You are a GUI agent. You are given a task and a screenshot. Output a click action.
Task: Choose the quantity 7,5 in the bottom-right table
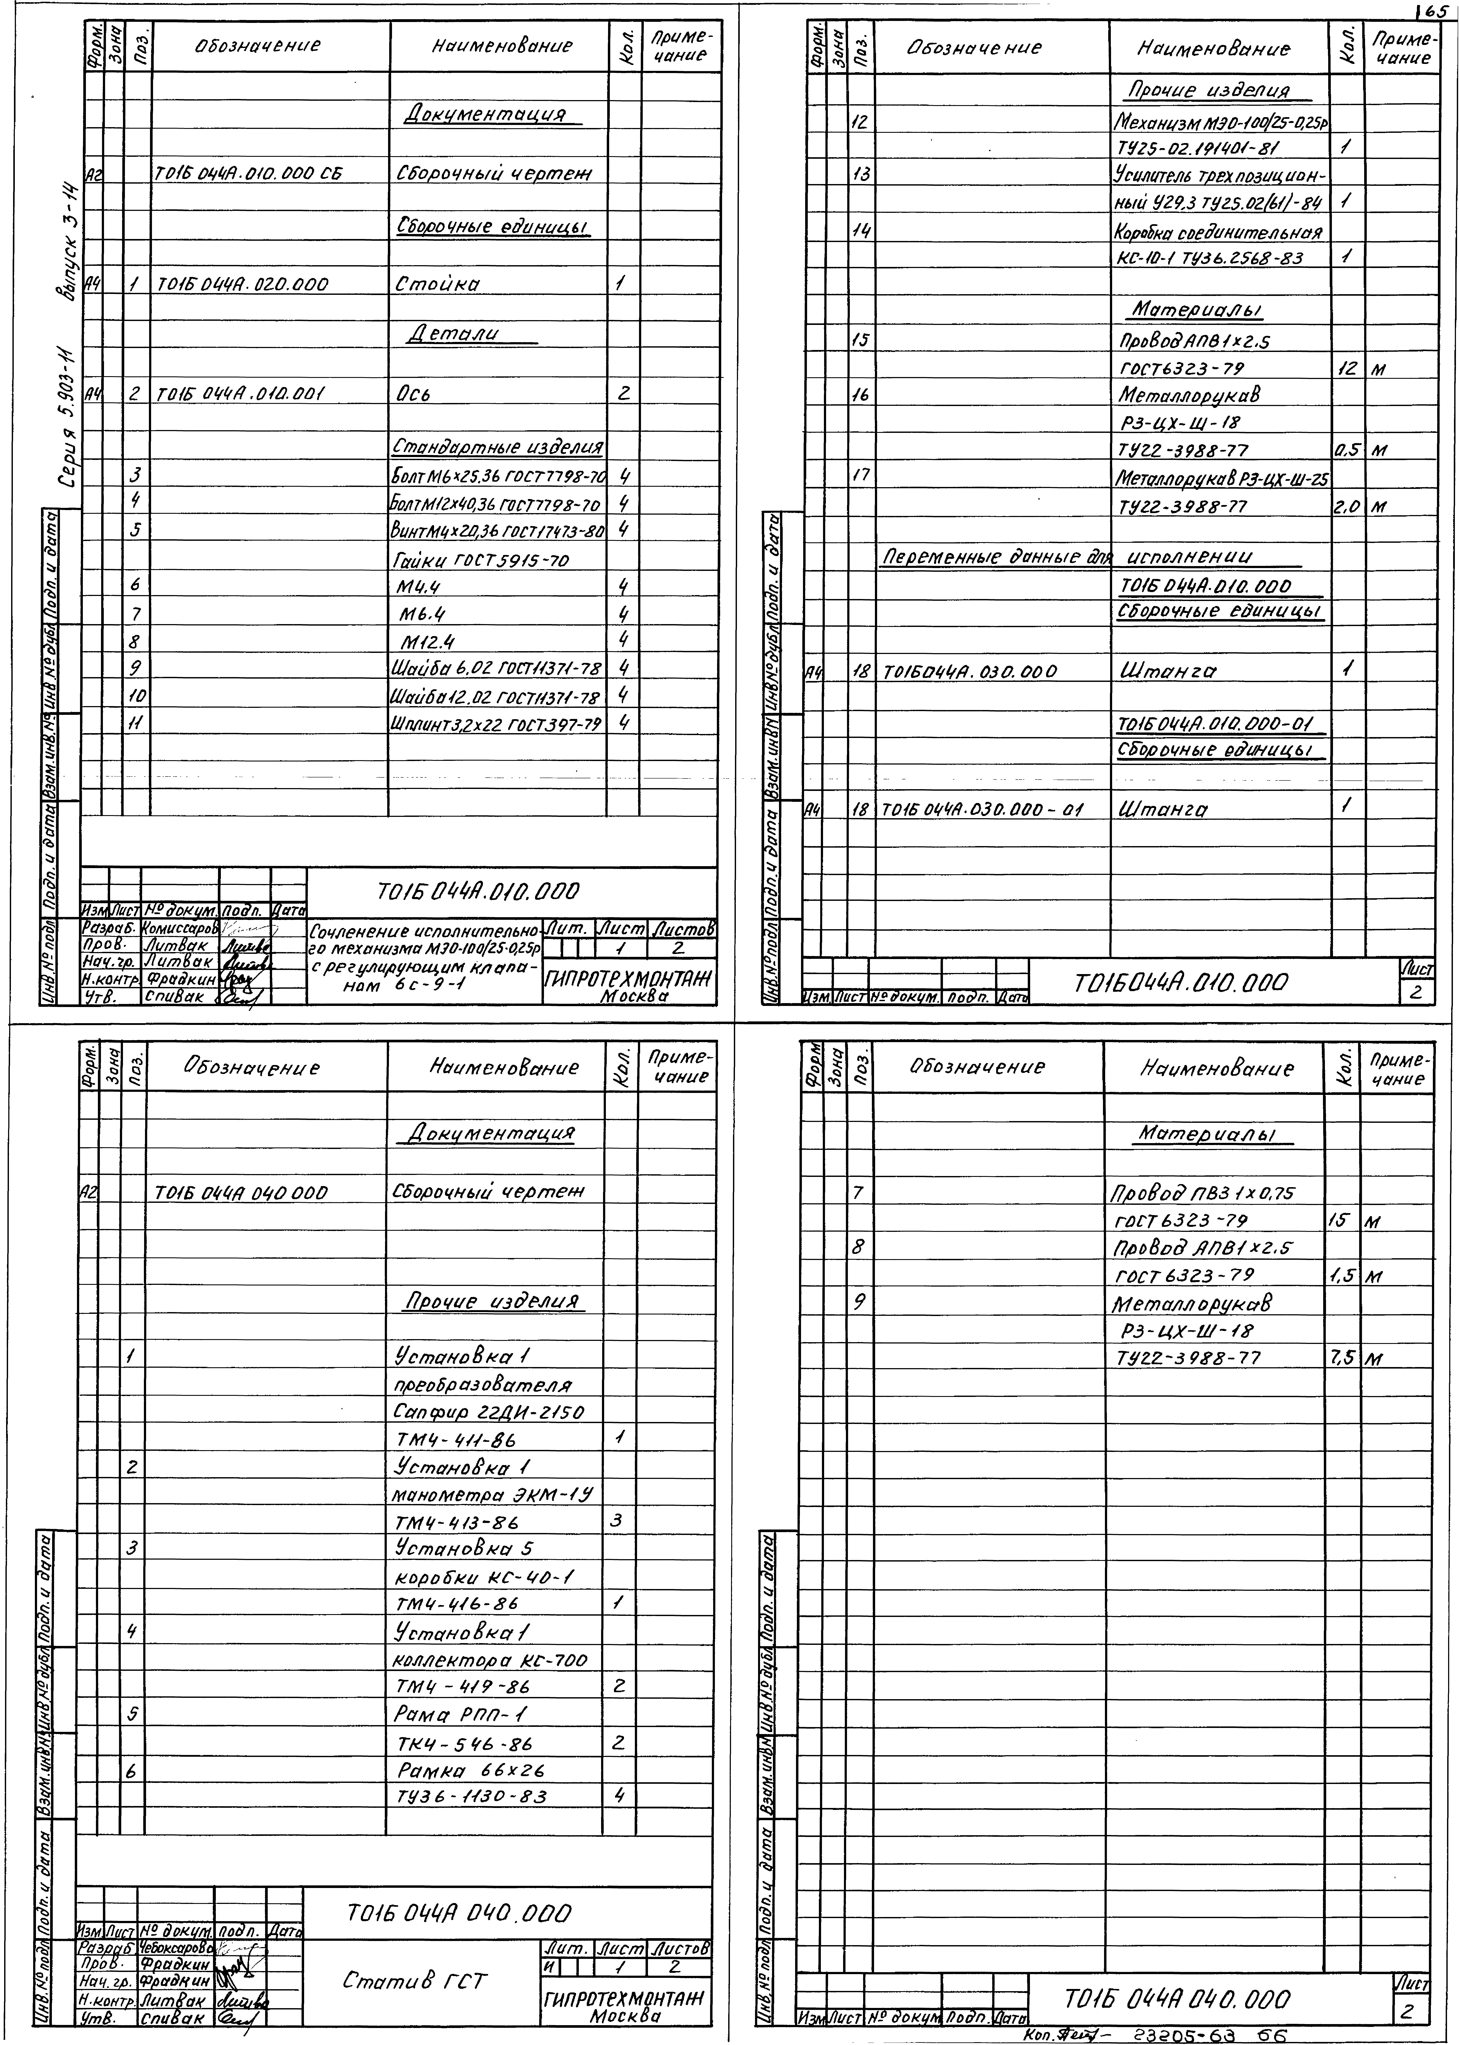tap(1342, 1358)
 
